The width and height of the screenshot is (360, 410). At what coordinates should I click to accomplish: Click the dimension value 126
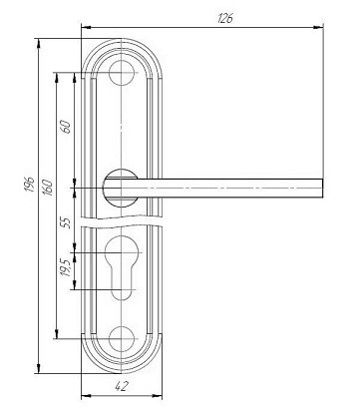tap(225, 19)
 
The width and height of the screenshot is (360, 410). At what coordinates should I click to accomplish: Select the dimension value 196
tap(30, 185)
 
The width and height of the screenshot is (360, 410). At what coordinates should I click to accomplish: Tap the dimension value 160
tap(48, 188)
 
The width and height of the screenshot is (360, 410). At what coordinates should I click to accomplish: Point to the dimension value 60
tap(66, 127)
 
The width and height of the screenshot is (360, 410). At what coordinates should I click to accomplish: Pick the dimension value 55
tap(67, 222)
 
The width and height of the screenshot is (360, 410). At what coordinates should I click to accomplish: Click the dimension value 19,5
tap(66, 267)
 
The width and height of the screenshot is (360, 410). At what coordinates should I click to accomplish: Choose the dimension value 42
tap(122, 386)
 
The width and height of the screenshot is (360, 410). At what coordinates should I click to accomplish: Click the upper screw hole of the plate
tap(122, 73)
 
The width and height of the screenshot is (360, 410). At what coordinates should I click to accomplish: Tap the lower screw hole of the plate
tap(122, 339)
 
